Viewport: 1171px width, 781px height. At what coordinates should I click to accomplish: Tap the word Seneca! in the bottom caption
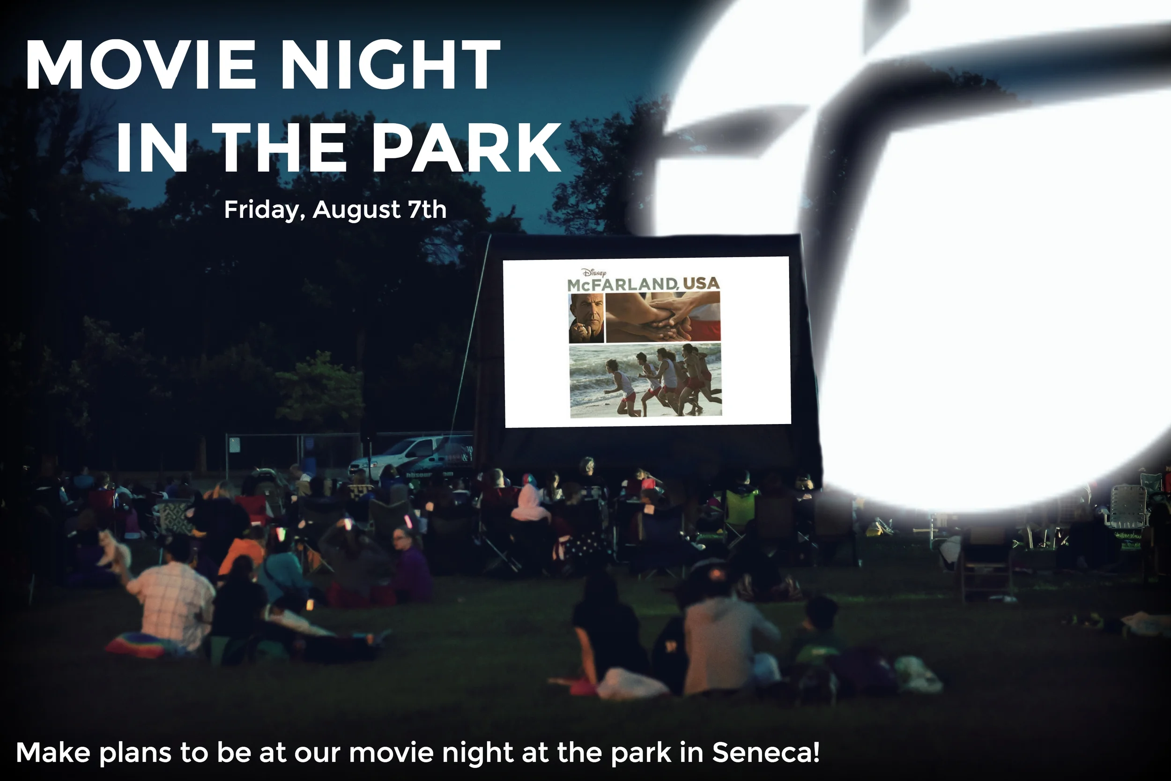pyautogui.click(x=766, y=752)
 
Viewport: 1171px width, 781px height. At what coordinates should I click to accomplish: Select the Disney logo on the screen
pyautogui.click(x=594, y=273)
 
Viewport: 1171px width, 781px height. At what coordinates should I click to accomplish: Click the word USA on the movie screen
pyautogui.click(x=701, y=283)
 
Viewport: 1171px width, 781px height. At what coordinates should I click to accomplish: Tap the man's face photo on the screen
pyautogui.click(x=586, y=318)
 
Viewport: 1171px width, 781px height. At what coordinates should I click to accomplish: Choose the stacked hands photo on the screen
pyautogui.click(x=663, y=317)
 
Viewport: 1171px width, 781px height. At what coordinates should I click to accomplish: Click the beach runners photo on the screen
pyautogui.click(x=645, y=380)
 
